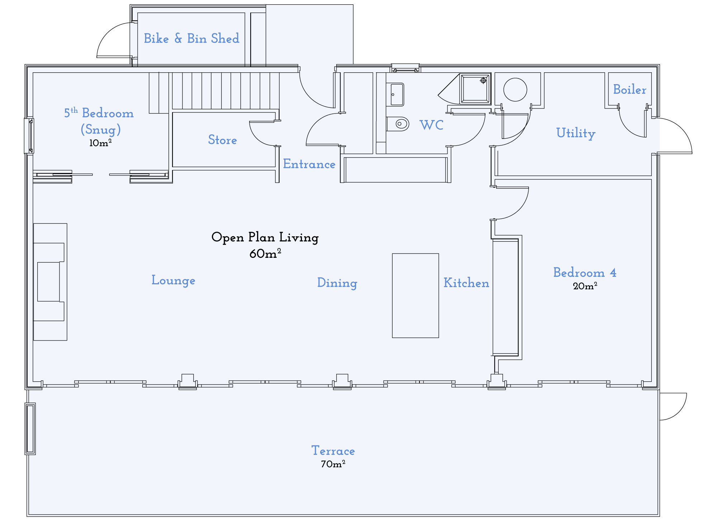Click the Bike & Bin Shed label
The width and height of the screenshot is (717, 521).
(191, 38)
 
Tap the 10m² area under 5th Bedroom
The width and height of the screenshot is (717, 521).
(100, 143)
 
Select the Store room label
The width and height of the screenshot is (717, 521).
(222, 140)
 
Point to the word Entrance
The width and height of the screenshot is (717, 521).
(309, 164)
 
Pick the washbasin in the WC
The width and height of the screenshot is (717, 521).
(396, 95)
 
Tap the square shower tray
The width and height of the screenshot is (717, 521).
(475, 88)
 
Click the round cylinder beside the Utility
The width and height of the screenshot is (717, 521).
(515, 90)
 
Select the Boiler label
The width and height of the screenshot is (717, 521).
(630, 89)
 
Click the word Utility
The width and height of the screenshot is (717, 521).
(576, 133)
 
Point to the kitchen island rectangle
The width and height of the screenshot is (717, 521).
(415, 295)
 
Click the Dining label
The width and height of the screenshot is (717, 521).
(337, 283)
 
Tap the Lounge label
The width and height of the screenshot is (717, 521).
(173, 280)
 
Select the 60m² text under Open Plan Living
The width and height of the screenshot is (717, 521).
(265, 254)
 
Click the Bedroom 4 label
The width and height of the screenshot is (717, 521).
(584, 272)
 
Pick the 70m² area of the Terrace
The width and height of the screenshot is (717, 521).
(333, 464)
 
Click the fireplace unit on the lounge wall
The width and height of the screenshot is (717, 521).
(50, 282)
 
